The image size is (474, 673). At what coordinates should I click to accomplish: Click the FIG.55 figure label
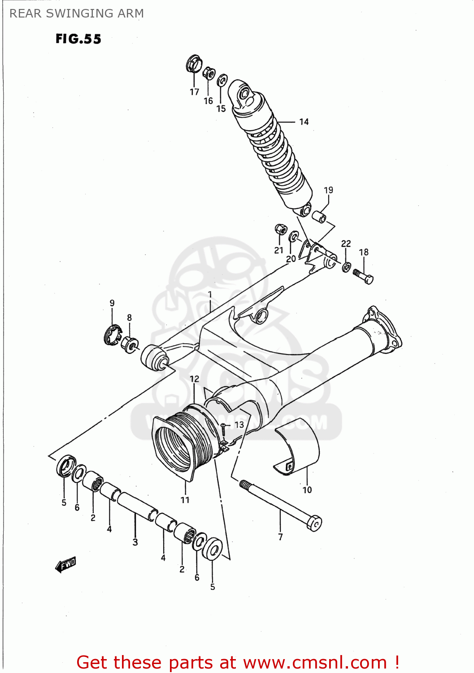pos(78,39)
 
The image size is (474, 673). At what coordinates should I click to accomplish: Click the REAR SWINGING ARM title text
pos(77,13)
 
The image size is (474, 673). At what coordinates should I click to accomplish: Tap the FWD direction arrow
pos(66,564)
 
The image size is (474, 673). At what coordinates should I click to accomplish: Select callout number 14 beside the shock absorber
pos(304,122)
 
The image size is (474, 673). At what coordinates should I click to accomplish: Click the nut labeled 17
pos(194,64)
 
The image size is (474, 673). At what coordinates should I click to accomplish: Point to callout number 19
pos(328,190)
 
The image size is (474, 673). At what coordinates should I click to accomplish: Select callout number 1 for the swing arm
pos(209,295)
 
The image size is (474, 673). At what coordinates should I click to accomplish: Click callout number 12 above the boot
pos(194,379)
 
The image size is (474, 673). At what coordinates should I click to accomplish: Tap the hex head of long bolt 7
pos(315,524)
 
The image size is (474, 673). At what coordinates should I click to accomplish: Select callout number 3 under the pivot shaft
pos(135,542)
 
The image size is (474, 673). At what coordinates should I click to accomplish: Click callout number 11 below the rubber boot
pos(185,499)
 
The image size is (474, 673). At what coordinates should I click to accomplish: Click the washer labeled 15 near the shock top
pos(222,81)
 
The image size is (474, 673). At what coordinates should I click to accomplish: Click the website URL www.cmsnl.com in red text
pos(314,662)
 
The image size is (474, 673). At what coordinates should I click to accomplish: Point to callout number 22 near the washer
pos(346,244)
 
